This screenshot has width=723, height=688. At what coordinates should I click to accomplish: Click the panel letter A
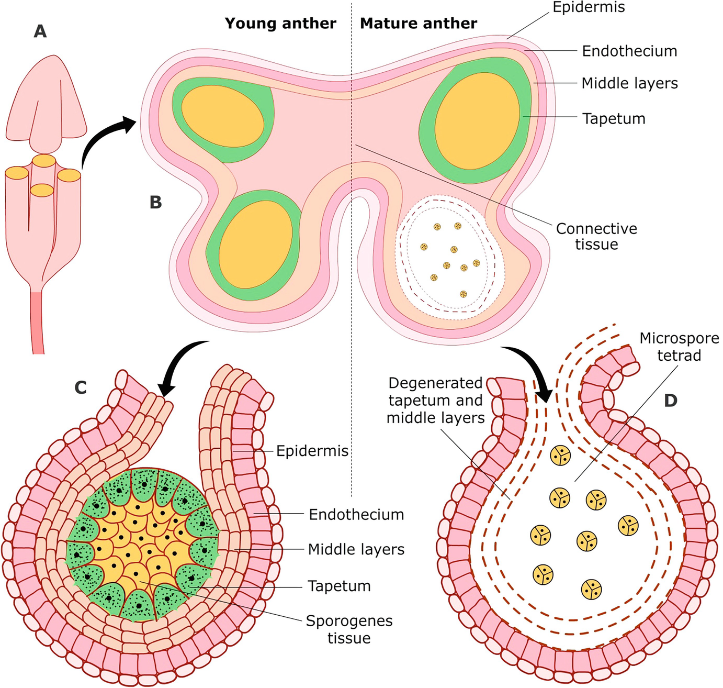click(x=40, y=32)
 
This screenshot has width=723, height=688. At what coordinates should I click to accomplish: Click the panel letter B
click(x=155, y=203)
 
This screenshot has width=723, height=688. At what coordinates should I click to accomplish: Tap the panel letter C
click(x=81, y=387)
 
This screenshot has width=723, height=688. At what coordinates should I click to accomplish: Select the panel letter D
click(x=670, y=401)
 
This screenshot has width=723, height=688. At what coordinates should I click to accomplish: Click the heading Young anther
click(x=280, y=24)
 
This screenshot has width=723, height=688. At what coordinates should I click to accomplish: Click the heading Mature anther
click(x=419, y=24)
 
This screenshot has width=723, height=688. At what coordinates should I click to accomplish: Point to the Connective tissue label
click(x=596, y=237)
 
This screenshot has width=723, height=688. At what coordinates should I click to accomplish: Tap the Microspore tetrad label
click(x=679, y=347)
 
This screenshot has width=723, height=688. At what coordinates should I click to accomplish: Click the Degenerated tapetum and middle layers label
click(x=435, y=401)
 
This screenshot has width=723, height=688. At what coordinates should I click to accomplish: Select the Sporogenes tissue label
click(x=349, y=629)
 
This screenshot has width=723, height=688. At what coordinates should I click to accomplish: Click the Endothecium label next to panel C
click(x=356, y=515)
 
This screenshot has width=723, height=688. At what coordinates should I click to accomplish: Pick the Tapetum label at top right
click(x=614, y=119)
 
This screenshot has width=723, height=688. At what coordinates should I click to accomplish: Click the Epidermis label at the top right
click(x=589, y=8)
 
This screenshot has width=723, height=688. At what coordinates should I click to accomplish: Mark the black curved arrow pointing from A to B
click(x=105, y=139)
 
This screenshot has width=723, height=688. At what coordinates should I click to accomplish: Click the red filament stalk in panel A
click(x=38, y=322)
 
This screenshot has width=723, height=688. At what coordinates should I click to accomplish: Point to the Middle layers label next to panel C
click(x=356, y=550)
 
